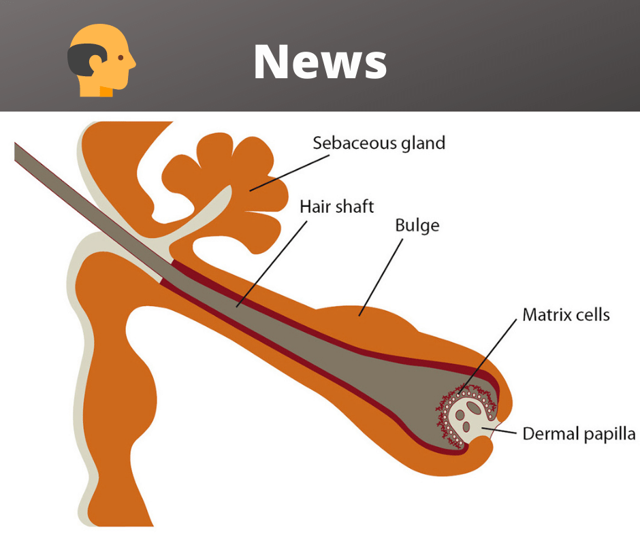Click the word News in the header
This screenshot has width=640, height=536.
point(320,61)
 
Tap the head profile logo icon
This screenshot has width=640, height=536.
point(101,61)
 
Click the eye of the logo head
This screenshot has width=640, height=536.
point(121,58)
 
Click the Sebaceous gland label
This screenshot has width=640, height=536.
point(379,143)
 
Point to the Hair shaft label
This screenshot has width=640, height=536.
point(337,205)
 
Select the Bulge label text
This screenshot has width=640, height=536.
point(417,225)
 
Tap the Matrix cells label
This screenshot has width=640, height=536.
point(566,314)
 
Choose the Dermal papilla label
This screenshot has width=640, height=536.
point(579,434)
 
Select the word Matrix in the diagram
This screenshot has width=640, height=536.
point(543,314)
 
